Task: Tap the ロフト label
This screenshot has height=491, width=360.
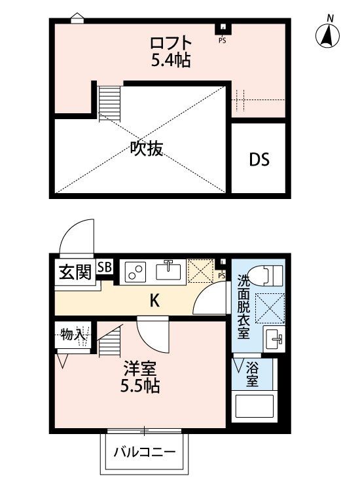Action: click(171, 44)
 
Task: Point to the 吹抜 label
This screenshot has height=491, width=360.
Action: click(145, 149)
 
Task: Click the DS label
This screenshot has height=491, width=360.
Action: click(259, 159)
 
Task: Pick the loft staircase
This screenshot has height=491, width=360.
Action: click(107, 102)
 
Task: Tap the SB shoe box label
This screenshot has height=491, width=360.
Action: click(104, 266)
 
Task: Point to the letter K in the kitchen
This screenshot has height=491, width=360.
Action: click(154, 301)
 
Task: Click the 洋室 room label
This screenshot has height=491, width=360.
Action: click(140, 368)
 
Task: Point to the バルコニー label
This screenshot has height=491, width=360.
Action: click(144, 452)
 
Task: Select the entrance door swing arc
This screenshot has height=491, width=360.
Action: click(74, 236)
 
